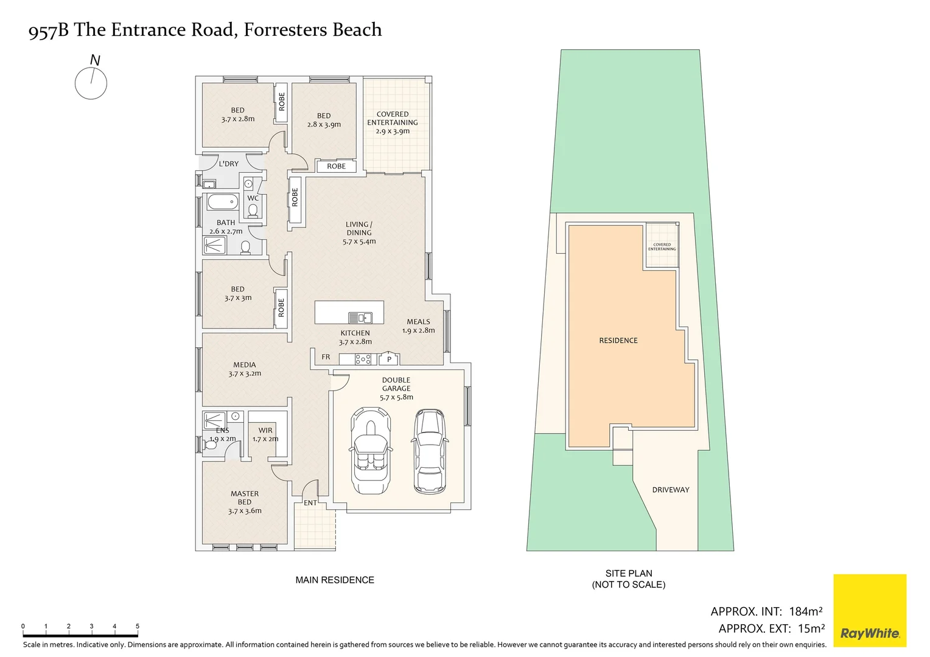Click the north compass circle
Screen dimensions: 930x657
(91, 83)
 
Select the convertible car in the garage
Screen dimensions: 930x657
(370, 450)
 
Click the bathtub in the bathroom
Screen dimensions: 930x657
(222, 201)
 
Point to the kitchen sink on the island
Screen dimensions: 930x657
(360, 317)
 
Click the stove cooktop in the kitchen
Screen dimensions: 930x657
(363, 359)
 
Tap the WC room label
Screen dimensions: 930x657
(253, 198)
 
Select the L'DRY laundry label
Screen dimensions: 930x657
(229, 164)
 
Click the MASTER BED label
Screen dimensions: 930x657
(245, 498)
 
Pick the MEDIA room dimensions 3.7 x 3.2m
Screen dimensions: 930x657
(245, 374)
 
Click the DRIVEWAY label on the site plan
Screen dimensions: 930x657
(671, 490)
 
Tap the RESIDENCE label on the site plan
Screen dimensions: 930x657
(618, 341)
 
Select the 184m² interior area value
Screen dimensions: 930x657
(806, 611)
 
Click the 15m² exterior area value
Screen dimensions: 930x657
(811, 628)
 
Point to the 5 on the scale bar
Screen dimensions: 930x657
(138, 626)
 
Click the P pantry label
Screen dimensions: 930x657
(389, 360)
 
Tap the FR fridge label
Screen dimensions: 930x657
(326, 357)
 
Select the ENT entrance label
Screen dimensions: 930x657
(310, 503)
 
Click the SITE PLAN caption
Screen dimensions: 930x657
(629, 574)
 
